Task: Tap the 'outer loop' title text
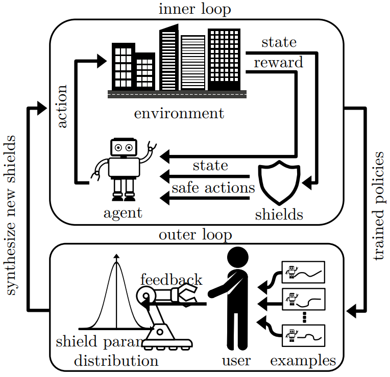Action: [195, 235]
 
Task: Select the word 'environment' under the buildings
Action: [179, 113]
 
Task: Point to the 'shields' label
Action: [279, 214]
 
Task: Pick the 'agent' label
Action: [123, 212]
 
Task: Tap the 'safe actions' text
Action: [213, 187]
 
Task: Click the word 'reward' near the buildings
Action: [278, 62]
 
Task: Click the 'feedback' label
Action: [171, 279]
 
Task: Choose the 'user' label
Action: [236, 361]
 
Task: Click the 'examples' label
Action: [303, 361]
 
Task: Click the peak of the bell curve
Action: [116, 261]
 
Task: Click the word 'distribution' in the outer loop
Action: [116, 361]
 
